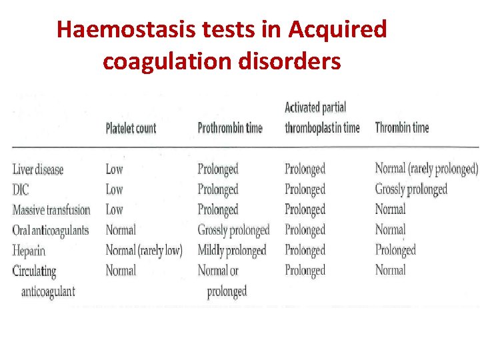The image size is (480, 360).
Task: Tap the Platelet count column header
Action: tap(131, 128)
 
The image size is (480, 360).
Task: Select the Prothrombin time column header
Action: tap(230, 128)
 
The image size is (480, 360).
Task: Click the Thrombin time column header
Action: tap(402, 128)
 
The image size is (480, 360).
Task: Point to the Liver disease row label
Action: tap(38, 169)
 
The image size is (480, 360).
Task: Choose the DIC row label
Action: tap(21, 190)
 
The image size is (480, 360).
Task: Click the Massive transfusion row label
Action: tap(51, 210)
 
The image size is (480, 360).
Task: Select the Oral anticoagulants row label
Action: tap(51, 231)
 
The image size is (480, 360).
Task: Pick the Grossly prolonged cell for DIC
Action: tap(411, 190)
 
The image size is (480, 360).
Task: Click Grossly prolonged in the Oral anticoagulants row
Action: tap(233, 231)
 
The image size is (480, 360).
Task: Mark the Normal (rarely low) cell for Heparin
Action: tap(144, 251)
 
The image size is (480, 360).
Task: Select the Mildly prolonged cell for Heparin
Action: tap(231, 251)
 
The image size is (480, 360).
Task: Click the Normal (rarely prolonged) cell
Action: tap(427, 169)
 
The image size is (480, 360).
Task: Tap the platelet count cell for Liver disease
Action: tap(114, 169)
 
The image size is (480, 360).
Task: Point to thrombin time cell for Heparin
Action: tap(395, 251)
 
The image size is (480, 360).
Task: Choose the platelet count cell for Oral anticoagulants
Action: tap(121, 231)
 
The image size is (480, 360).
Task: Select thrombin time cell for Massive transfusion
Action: tap(390, 210)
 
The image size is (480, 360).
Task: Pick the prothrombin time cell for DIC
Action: tap(218, 190)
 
